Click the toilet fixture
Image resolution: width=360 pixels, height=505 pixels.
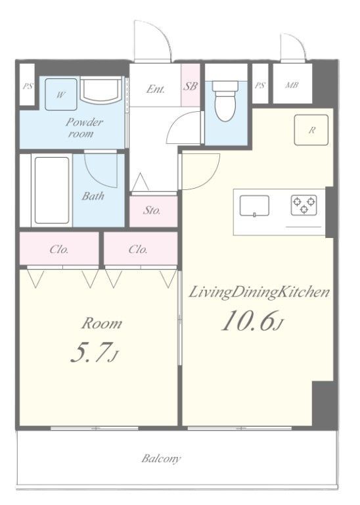[225, 101]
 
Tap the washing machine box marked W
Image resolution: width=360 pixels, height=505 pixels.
[61, 95]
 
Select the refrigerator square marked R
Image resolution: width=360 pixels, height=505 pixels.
[311, 130]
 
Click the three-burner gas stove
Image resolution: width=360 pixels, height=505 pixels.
[304, 205]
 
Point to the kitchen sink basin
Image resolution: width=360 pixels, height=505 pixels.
[254, 206]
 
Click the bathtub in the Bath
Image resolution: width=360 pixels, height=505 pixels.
[52, 190]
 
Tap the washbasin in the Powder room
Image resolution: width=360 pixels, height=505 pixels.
[101, 89]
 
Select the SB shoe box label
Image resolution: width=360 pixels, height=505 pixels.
[191, 85]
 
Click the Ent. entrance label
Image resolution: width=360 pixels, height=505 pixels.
[156, 89]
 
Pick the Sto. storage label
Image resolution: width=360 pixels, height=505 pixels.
[152, 210]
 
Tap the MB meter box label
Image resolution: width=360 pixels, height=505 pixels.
[292, 85]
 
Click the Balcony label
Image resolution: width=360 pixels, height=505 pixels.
[161, 458]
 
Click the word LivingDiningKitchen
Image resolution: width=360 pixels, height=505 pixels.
[259, 293]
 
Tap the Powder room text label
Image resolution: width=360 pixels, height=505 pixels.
[84, 127]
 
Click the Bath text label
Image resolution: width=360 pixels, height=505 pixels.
[93, 196]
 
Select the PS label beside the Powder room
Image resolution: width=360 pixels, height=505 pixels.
[28, 86]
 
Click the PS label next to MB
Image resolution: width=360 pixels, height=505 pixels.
[260, 85]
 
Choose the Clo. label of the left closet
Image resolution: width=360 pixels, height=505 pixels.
[59, 250]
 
